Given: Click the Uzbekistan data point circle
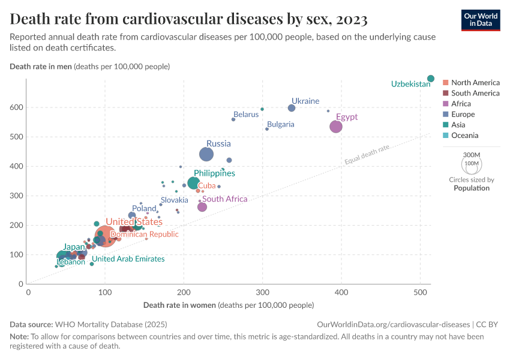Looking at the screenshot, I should pyautogui.click(x=431, y=79).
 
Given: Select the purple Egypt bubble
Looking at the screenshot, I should pyautogui.click(x=336, y=127).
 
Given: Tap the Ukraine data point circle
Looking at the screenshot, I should pyautogui.click(x=292, y=108).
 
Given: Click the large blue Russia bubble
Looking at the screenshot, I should pyautogui.click(x=206, y=154).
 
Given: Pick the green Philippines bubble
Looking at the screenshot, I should pyautogui.click(x=193, y=183).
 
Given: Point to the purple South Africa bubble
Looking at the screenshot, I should pyautogui.click(x=202, y=207).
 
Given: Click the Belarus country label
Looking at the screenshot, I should pyautogui.click(x=246, y=114).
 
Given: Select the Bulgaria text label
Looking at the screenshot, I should pyautogui.click(x=281, y=124).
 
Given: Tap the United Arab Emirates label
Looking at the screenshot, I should pyautogui.click(x=128, y=259).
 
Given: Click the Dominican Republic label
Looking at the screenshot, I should pyautogui.click(x=145, y=234).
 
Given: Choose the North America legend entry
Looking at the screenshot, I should pyautogui.click(x=475, y=82).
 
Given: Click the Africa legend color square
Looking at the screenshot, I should pyautogui.click(x=445, y=104).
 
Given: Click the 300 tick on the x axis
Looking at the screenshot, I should pyautogui.click(x=263, y=292).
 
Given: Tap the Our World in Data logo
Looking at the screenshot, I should pyautogui.click(x=481, y=20).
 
